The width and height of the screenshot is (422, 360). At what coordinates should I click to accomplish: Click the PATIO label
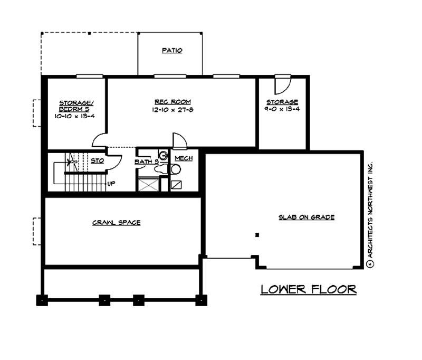(172, 51)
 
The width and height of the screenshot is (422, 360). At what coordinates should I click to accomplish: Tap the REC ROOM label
(172, 101)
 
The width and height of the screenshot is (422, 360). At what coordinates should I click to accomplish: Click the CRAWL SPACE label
(116, 222)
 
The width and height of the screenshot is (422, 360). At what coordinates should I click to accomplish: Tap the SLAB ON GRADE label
(307, 217)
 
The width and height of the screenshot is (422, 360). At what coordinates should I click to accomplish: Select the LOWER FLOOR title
(309, 289)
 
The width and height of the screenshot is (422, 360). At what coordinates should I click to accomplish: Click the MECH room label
(183, 158)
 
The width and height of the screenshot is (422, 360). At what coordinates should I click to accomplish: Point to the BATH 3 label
(147, 162)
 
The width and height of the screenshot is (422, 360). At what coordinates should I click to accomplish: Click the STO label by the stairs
(97, 160)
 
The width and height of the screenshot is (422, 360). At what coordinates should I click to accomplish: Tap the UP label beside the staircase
(111, 184)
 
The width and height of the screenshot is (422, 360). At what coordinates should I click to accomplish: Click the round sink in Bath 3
(164, 155)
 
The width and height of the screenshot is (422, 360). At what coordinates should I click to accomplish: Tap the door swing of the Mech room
(179, 141)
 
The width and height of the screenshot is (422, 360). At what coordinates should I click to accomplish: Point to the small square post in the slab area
(257, 234)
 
